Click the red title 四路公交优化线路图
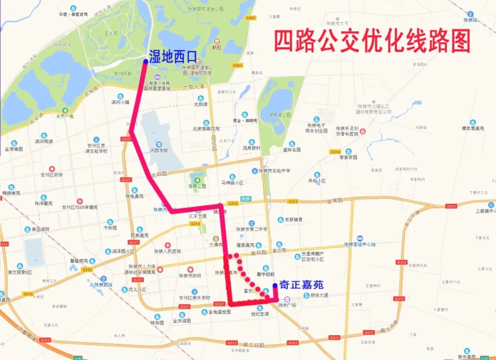click(x=372, y=41)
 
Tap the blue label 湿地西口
click(x=172, y=56)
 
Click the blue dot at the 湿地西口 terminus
click(x=146, y=61)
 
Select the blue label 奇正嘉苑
click(x=301, y=285)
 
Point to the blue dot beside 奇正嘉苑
click(x=275, y=285)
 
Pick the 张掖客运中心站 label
click(x=360, y=244)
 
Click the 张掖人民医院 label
click(x=167, y=251)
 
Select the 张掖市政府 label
click(x=190, y=276)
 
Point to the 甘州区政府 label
click(x=51, y=175)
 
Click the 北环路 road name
click(x=159, y=175)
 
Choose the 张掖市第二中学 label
click(x=251, y=229)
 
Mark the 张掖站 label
click(x=470, y=20)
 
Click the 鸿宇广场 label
click(x=287, y=305)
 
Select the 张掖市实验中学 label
click(x=274, y=171)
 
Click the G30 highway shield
click(x=484, y=358)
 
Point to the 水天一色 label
click(x=65, y=116)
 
